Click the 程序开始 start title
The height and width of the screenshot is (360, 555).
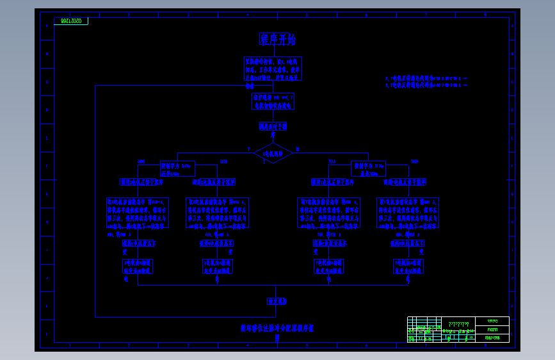click(277, 40)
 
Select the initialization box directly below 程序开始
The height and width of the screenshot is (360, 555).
click(273, 69)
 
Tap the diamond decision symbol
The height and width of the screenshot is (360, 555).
click(273, 152)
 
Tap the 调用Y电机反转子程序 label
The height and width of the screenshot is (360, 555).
click(405, 182)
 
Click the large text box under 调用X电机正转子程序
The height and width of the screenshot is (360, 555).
click(137, 213)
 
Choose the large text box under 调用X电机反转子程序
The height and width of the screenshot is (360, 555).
click(216, 213)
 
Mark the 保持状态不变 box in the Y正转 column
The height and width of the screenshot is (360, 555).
click(329, 243)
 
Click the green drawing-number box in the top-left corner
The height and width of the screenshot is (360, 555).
click(71, 21)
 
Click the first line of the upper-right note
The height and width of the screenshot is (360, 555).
click(426, 78)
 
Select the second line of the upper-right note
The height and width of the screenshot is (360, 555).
click(426, 84)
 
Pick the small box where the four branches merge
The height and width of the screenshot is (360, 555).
click(277, 301)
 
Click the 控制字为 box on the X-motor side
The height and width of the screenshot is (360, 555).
click(175, 168)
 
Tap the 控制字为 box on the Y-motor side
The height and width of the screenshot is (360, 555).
click(368, 168)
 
